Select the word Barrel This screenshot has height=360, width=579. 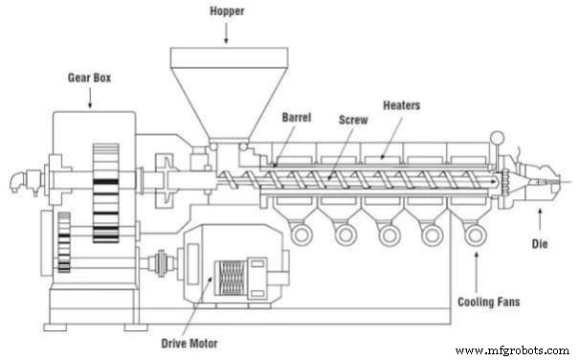coord(297,118)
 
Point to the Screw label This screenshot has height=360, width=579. coord(352,122)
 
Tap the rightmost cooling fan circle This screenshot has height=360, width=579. coord(474,233)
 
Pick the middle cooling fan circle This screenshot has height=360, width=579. coord(388,233)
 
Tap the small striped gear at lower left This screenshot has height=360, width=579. coord(64,242)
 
